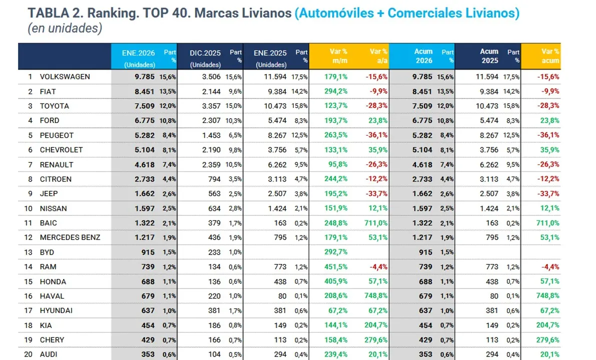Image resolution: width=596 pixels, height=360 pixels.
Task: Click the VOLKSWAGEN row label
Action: [65, 77]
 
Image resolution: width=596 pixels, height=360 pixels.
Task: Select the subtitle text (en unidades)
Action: [65, 29]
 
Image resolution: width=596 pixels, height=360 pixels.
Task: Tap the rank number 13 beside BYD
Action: [30, 252]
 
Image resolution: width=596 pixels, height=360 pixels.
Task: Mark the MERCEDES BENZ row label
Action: [70, 237]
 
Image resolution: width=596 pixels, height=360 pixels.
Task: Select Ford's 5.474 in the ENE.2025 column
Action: [276, 120]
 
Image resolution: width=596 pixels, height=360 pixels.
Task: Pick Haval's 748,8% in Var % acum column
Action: [548, 296]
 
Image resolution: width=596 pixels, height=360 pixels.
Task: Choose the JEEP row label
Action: [50, 194]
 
